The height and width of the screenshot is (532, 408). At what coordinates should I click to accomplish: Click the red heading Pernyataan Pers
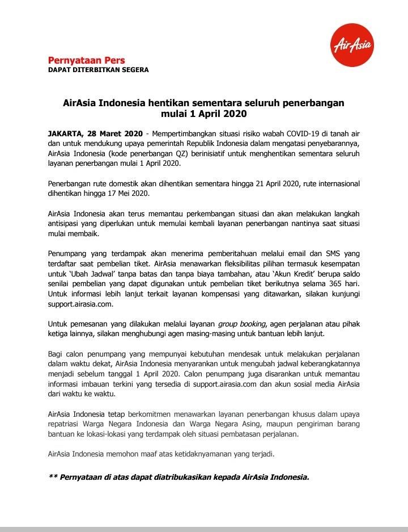pyautogui.click(x=86, y=60)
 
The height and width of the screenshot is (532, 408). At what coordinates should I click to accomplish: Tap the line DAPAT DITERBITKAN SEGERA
pyautogui.click(x=98, y=70)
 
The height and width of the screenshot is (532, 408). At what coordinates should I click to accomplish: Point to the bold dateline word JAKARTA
pyautogui.click(x=66, y=133)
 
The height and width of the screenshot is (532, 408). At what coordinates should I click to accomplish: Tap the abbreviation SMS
pyautogui.click(x=327, y=253)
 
